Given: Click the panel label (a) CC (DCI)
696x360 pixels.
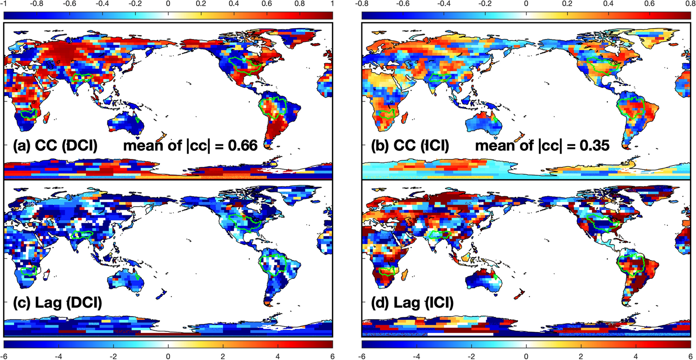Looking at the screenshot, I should click(55, 145).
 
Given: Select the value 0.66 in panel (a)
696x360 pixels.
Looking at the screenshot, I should click(243, 145).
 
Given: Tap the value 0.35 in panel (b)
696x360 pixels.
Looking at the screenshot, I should click(595, 145).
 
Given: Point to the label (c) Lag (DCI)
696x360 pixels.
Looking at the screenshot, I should click(57, 302).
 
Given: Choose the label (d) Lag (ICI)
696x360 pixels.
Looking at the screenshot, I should click(412, 302).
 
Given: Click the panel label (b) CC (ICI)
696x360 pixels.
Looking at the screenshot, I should click(410, 145).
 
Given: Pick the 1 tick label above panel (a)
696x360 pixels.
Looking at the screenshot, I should click(332, 4).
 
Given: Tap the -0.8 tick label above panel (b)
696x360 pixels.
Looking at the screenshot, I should click(361, 4).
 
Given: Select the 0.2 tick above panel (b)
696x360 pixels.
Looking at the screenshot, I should click(567, 4).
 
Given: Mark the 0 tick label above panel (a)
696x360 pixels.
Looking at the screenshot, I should click(168, 4).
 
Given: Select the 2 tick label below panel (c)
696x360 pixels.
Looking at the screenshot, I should click(223, 356).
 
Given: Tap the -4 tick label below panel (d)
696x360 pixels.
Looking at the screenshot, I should click(417, 356).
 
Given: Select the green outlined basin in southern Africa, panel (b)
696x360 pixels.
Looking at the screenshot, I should click(386, 114).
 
